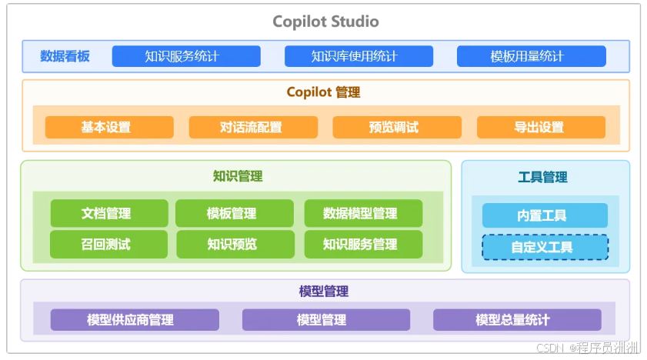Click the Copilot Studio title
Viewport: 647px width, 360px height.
click(x=325, y=22)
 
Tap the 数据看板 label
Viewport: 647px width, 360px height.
click(x=65, y=56)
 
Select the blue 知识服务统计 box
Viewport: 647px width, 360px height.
click(x=186, y=56)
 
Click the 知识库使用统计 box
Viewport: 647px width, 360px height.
click(x=359, y=56)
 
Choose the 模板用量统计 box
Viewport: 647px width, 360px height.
click(x=531, y=56)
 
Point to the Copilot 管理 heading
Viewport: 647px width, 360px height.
click(x=323, y=92)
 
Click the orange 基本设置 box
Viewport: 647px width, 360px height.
click(x=109, y=127)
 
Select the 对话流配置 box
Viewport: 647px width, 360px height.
click(x=253, y=127)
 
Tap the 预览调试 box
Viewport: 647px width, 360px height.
click(x=397, y=127)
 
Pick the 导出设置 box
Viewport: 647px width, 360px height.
click(x=541, y=127)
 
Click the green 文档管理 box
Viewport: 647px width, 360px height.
click(x=109, y=213)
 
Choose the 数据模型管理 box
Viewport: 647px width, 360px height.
click(x=364, y=213)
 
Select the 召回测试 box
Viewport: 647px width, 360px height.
click(x=109, y=245)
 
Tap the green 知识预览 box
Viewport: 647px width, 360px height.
click(x=235, y=245)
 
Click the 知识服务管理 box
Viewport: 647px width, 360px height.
click(x=364, y=245)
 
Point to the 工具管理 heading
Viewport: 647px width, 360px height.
click(x=542, y=178)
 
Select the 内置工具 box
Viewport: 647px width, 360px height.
click(x=545, y=215)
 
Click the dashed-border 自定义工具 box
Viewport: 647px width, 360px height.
click(x=545, y=247)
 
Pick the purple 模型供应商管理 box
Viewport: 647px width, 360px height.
click(x=135, y=319)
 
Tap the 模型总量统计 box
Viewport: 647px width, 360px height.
click(x=517, y=319)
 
